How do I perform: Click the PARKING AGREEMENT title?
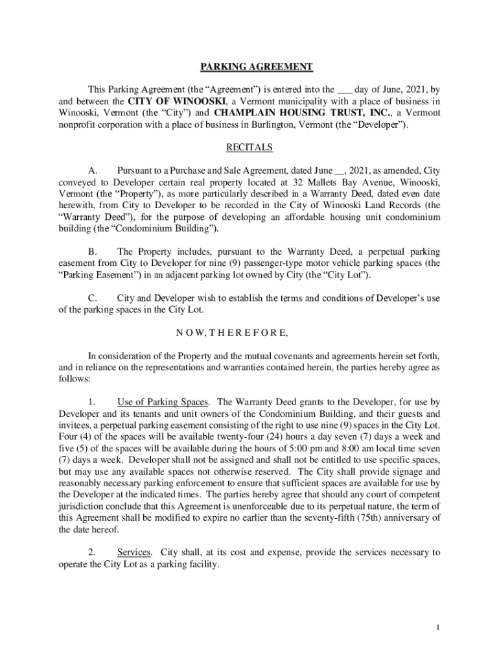coord(255,67)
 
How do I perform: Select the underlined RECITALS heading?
coord(250,147)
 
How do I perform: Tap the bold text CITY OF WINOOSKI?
coord(176,102)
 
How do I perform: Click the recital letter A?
coord(93,171)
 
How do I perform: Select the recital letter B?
coord(93,252)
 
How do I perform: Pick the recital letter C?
coord(93,298)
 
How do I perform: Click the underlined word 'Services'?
coord(134,552)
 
